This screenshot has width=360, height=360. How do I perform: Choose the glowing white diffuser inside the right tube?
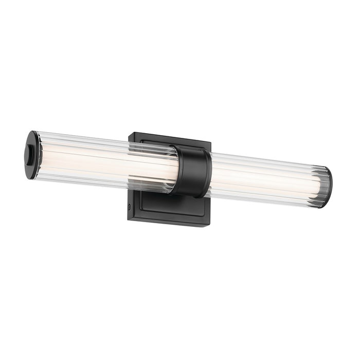coord(257,178)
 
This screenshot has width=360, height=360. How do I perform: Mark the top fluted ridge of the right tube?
coord(267,160)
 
